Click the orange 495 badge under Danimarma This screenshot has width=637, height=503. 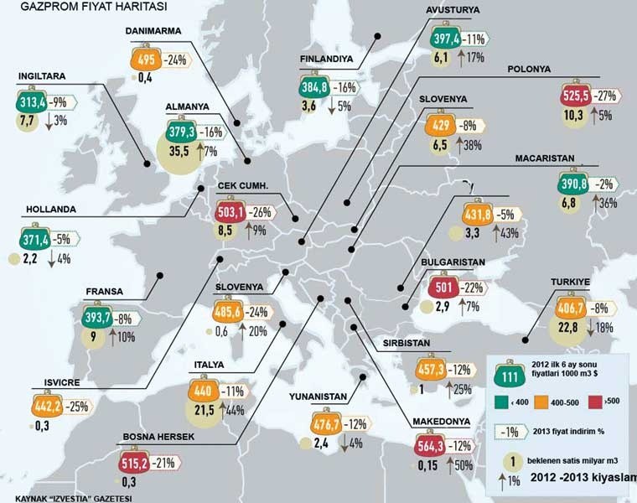click(x=146, y=60)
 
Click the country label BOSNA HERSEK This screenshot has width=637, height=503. click(x=147, y=438)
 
